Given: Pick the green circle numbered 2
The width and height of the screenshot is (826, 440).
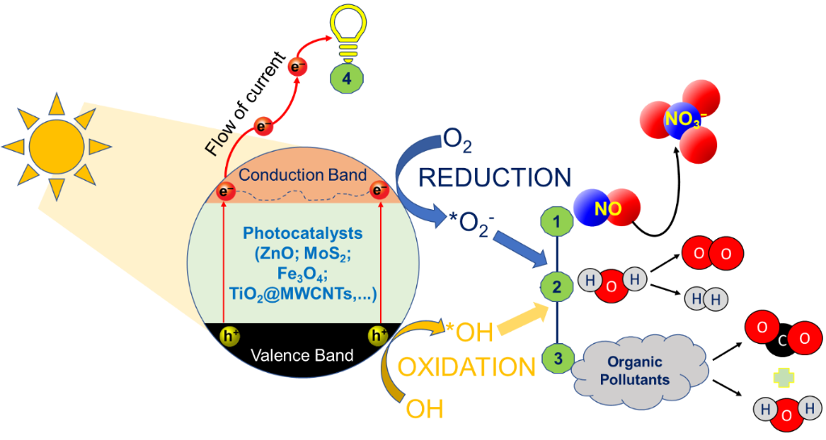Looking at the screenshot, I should tap(555, 286).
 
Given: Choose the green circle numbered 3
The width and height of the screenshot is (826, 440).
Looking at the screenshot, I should tap(555, 354).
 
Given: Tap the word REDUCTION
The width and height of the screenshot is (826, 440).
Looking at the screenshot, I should tap(494, 176).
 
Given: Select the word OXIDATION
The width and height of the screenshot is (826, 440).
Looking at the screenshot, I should tap(467, 367).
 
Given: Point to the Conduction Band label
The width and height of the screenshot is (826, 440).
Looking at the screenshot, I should tap(303, 174).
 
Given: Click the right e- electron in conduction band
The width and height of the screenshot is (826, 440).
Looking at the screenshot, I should tap(378, 191).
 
